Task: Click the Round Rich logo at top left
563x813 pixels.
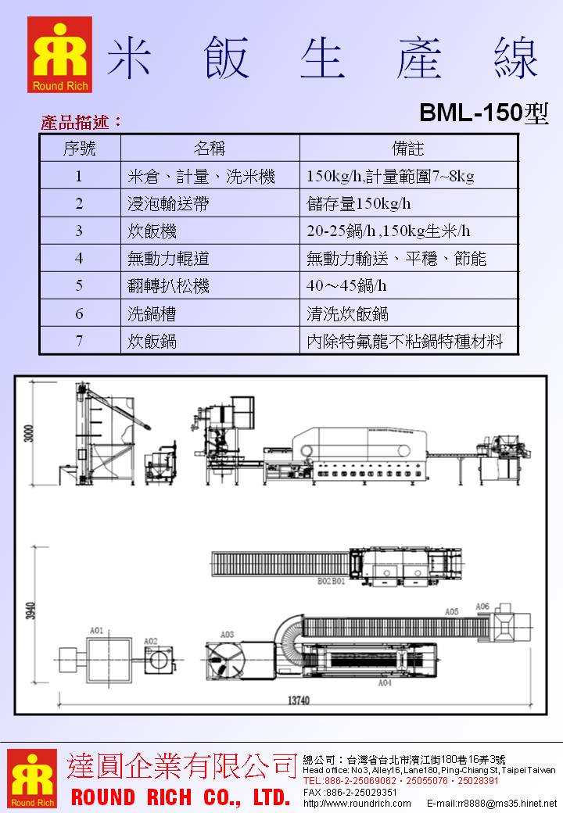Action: [59, 55]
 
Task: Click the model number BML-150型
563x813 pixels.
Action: [483, 113]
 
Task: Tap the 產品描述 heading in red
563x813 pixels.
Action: [81, 122]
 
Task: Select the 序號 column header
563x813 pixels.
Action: [79, 148]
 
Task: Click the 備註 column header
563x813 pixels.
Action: [408, 148]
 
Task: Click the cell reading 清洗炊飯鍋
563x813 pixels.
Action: [348, 314]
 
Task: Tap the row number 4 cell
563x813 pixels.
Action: [79, 259]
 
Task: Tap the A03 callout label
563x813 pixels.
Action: [228, 634]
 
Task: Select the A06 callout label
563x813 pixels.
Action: [482, 607]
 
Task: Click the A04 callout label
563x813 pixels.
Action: [384, 682]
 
